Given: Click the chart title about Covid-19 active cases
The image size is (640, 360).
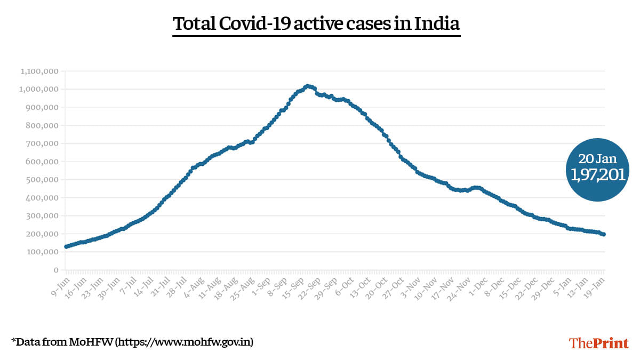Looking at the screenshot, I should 316,24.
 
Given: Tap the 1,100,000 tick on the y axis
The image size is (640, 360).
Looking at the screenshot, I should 39,71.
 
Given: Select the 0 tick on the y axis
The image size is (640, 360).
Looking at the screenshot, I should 55,270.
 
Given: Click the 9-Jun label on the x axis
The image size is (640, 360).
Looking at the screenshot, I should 60,284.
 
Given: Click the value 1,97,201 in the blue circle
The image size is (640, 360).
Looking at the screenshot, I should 597,174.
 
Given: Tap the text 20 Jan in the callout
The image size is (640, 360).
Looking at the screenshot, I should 597,158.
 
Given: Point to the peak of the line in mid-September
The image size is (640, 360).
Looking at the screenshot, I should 307,86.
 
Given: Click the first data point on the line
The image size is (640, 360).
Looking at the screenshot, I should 66,246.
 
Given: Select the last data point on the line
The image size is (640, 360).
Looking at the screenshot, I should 603,234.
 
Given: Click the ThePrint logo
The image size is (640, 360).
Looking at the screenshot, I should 598,343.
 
